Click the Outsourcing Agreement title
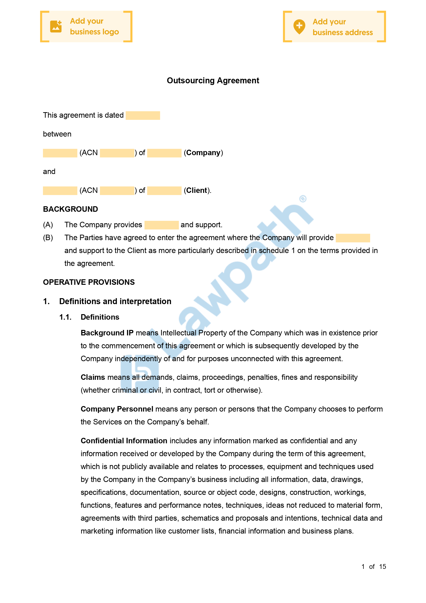(213, 80)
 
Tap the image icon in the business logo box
(56, 26)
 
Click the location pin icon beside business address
(299, 26)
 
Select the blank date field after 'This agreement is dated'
(143, 115)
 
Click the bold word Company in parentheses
(203, 153)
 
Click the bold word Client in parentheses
(197, 190)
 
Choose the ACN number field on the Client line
(117, 190)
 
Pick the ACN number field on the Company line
(117, 153)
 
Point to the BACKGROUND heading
(70, 209)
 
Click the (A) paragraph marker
(48, 225)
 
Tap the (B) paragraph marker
(48, 238)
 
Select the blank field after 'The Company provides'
(162, 225)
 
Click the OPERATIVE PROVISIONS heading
(89, 282)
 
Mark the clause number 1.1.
(65, 317)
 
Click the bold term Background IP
(107, 333)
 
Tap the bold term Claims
(93, 377)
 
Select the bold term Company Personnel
(117, 409)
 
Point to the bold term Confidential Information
(124, 441)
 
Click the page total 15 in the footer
(382, 566)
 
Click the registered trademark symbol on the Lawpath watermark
(303, 199)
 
